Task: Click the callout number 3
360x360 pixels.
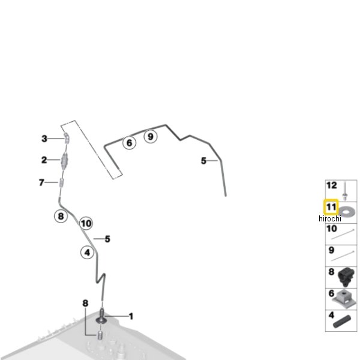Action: [x=44, y=139]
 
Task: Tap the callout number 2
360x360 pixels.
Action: [x=44, y=160]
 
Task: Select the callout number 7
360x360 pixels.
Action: [x=41, y=182]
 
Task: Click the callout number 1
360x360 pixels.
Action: [x=131, y=316]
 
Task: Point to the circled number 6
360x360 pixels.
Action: [x=130, y=143]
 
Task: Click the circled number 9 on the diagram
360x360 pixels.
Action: [x=151, y=137]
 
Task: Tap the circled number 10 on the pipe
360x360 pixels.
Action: [x=86, y=223]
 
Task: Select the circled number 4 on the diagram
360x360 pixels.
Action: [x=87, y=253]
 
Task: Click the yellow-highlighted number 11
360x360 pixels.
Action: [x=331, y=207]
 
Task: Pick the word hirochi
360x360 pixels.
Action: [x=330, y=219]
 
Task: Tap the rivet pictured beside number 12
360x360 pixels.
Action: [x=344, y=191]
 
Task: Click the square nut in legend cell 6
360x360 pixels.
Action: [x=343, y=298]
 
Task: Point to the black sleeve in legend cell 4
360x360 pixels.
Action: [x=342, y=322]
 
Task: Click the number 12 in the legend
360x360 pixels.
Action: [x=332, y=185]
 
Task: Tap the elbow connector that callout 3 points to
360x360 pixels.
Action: [x=67, y=138]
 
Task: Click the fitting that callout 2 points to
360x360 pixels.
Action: [x=65, y=161]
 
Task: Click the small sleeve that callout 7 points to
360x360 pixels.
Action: [x=61, y=183]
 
